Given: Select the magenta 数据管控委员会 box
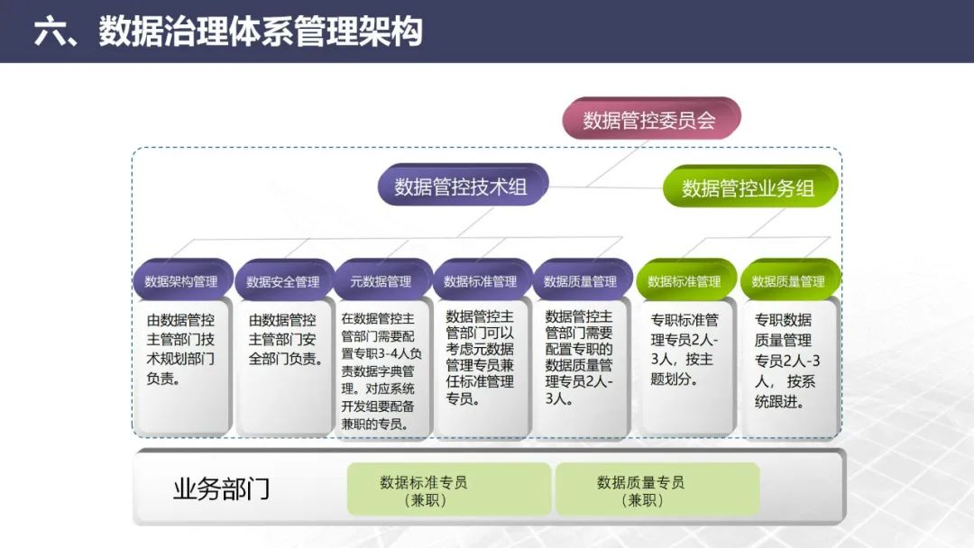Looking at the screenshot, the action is (649, 120).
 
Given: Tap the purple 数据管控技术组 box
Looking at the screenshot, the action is (461, 187).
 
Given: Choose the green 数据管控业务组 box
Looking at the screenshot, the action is (749, 188).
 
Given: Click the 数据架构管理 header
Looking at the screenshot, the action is (181, 281).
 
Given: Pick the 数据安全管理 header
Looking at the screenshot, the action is (283, 281).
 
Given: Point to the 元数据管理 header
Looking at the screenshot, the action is (381, 281).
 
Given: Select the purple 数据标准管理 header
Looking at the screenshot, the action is (481, 281).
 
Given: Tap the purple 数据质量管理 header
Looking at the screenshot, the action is (581, 281).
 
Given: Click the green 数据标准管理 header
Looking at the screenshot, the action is (685, 281).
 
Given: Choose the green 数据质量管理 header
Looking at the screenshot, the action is (788, 281).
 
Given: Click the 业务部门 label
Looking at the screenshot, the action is (221, 489).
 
